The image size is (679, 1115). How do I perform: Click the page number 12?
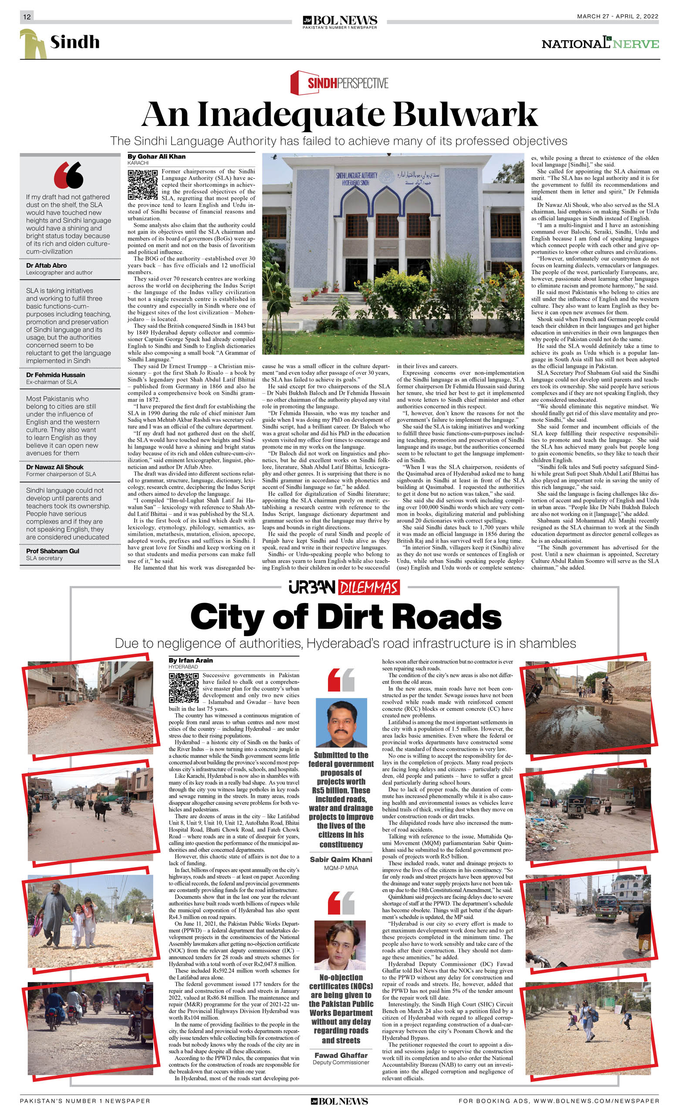pos(27,17)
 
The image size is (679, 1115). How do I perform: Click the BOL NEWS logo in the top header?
pos(340,21)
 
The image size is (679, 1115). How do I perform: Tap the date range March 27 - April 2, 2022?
pos(618,16)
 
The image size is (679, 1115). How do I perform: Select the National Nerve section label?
pos(600,44)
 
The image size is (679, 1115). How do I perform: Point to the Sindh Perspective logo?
pos(339,82)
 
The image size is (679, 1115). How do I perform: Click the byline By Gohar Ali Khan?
pos(156,156)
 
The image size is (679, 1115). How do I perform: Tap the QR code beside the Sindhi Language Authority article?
pos(142,185)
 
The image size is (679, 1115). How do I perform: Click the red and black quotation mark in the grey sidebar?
pos(69,175)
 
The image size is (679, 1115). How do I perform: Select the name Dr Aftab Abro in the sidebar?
pos(47,266)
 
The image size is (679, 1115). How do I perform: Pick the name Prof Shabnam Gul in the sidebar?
pos(52,551)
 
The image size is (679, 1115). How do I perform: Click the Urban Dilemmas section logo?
pos(344,587)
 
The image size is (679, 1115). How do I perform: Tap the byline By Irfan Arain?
pos(190,660)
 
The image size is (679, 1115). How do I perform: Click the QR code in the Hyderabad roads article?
pos(184,688)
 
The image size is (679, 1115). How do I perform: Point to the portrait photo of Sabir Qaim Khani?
pos(341,723)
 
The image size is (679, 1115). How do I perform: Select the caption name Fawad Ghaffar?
pos(341,1055)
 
